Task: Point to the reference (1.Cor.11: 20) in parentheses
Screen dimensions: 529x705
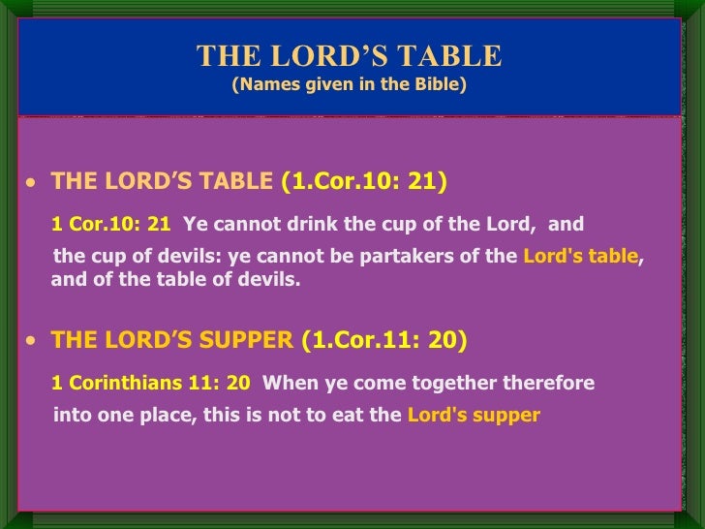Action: [x=384, y=340]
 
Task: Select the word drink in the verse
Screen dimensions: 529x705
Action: [x=316, y=225]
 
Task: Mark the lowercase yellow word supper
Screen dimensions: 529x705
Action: [x=506, y=416]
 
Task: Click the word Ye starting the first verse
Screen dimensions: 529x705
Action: [x=195, y=225]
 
